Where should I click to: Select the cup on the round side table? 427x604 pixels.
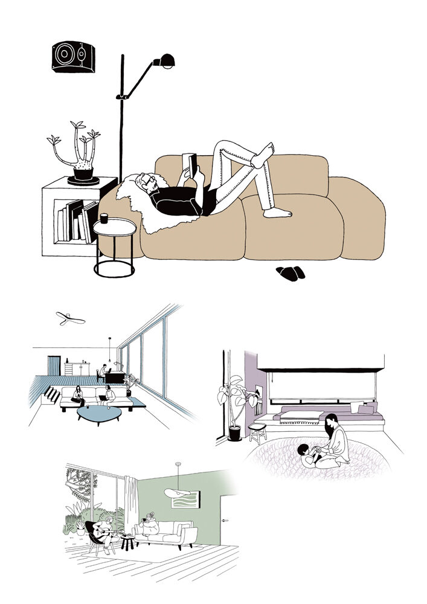pyautogui.click(x=104, y=217)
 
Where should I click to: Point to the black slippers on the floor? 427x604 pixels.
pyautogui.click(x=291, y=272)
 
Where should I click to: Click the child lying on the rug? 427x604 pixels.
pyautogui.click(x=310, y=454)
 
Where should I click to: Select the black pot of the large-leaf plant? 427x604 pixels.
pyautogui.click(x=234, y=433)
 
